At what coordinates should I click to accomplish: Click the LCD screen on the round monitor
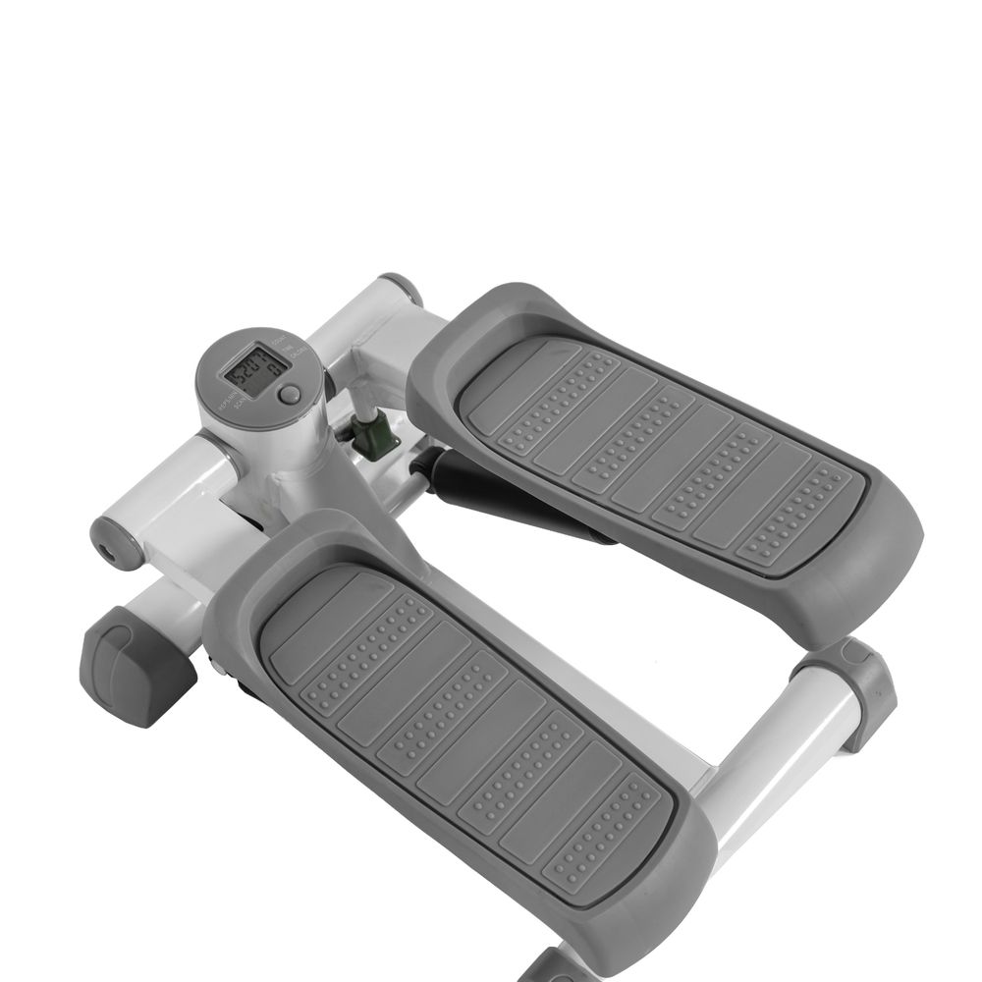254,369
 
